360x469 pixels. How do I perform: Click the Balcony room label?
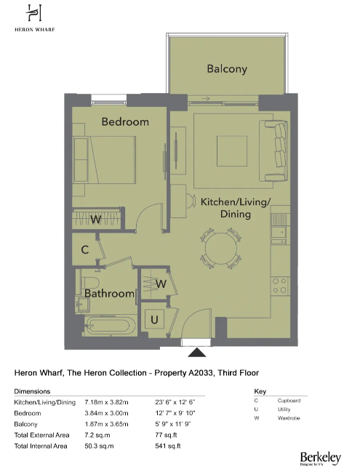(227, 70)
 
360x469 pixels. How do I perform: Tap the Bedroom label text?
(124, 121)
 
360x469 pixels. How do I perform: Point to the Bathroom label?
(109, 294)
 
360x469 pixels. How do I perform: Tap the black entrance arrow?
(196, 353)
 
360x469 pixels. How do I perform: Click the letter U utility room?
(154, 318)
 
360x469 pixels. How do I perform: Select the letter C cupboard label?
(85, 250)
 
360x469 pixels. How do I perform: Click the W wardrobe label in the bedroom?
(95, 219)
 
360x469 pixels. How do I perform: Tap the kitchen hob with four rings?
(279, 285)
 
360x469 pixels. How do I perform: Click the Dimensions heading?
(33, 391)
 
